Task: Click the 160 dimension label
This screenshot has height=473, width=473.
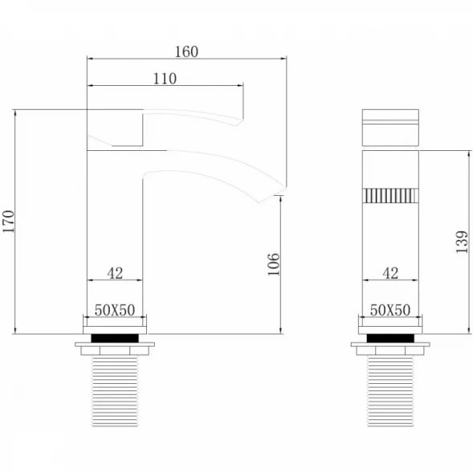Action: coord(187,52)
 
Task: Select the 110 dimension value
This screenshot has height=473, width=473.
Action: coord(165,79)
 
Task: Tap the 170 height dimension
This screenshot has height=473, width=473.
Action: coord(9,222)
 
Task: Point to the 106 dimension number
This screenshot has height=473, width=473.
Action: coord(274,264)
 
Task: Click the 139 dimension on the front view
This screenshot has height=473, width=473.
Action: coord(462,242)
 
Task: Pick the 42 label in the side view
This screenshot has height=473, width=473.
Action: coord(115,273)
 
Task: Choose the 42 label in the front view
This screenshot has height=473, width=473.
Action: coord(390,273)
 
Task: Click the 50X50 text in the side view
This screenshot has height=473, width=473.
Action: coord(115,310)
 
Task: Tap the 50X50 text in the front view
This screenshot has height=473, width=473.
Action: coord(390,310)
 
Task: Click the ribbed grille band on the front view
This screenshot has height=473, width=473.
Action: coord(390,195)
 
